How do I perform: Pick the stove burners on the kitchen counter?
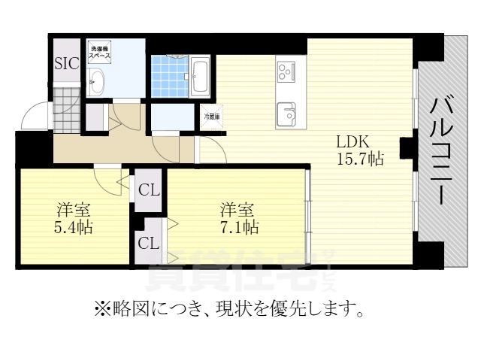(286, 72)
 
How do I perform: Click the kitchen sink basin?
(287, 115)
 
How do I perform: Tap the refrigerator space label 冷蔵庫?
(212, 117)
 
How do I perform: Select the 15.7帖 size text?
(360, 159)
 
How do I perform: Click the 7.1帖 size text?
(238, 226)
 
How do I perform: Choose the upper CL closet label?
(148, 190)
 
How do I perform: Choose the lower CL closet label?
(148, 243)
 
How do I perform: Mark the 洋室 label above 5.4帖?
(70, 209)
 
